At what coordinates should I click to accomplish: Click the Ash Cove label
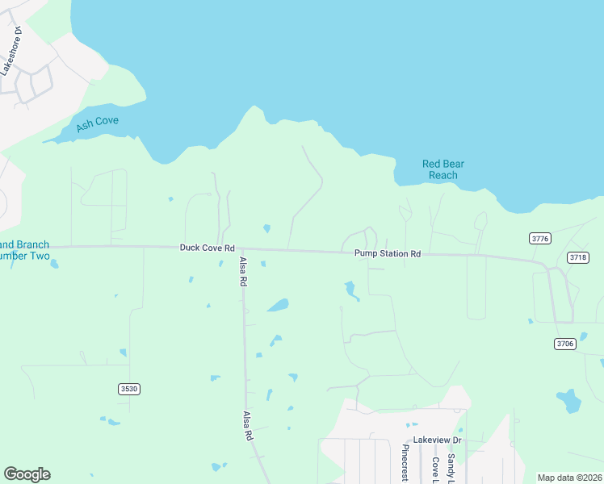97,123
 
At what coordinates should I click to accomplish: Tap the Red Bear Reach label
443,169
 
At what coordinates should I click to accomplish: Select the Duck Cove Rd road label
207,248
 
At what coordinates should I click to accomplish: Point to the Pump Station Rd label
388,253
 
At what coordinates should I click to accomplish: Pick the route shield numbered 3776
540,238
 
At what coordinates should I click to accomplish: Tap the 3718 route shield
578,257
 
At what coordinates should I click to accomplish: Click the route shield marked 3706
565,344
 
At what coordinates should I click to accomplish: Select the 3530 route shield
129,389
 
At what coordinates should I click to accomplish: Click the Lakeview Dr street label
437,440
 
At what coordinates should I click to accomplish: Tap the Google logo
27,474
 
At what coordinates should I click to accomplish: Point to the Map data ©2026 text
568,478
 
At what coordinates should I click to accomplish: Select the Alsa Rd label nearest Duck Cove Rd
243,273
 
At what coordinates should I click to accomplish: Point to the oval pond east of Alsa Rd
278,305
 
